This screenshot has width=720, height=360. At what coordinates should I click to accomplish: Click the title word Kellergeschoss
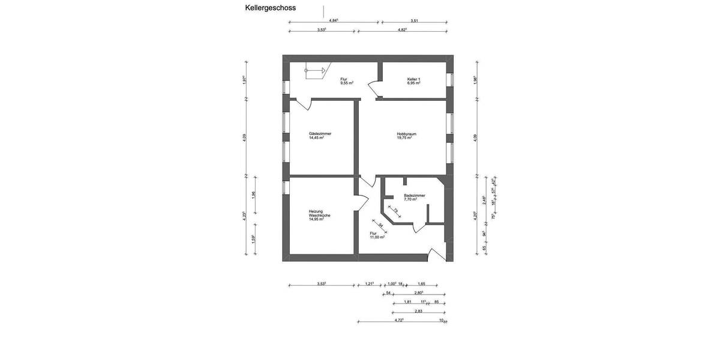point(270,8)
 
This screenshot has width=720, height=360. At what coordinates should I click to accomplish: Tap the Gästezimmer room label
point(320,133)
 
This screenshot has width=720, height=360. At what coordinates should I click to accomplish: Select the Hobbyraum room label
point(406,133)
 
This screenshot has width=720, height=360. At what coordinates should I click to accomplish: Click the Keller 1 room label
point(413,79)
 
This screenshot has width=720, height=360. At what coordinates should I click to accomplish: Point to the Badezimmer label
point(414,196)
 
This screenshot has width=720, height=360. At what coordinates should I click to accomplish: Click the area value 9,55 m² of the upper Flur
point(346,83)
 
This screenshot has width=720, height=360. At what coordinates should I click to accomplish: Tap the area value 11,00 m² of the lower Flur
point(377,237)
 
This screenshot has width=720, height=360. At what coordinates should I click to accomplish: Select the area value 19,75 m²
point(406,137)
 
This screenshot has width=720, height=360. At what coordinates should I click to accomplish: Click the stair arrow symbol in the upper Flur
point(314,71)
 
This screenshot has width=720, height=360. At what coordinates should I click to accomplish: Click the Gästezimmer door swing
point(304,105)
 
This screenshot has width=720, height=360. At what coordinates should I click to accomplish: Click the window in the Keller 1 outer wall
point(451,80)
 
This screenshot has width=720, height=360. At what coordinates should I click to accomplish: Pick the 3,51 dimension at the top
point(414,20)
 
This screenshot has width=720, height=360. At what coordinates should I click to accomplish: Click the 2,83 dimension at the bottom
point(418,311)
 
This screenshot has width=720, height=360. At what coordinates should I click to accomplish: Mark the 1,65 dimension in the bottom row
point(421,284)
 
